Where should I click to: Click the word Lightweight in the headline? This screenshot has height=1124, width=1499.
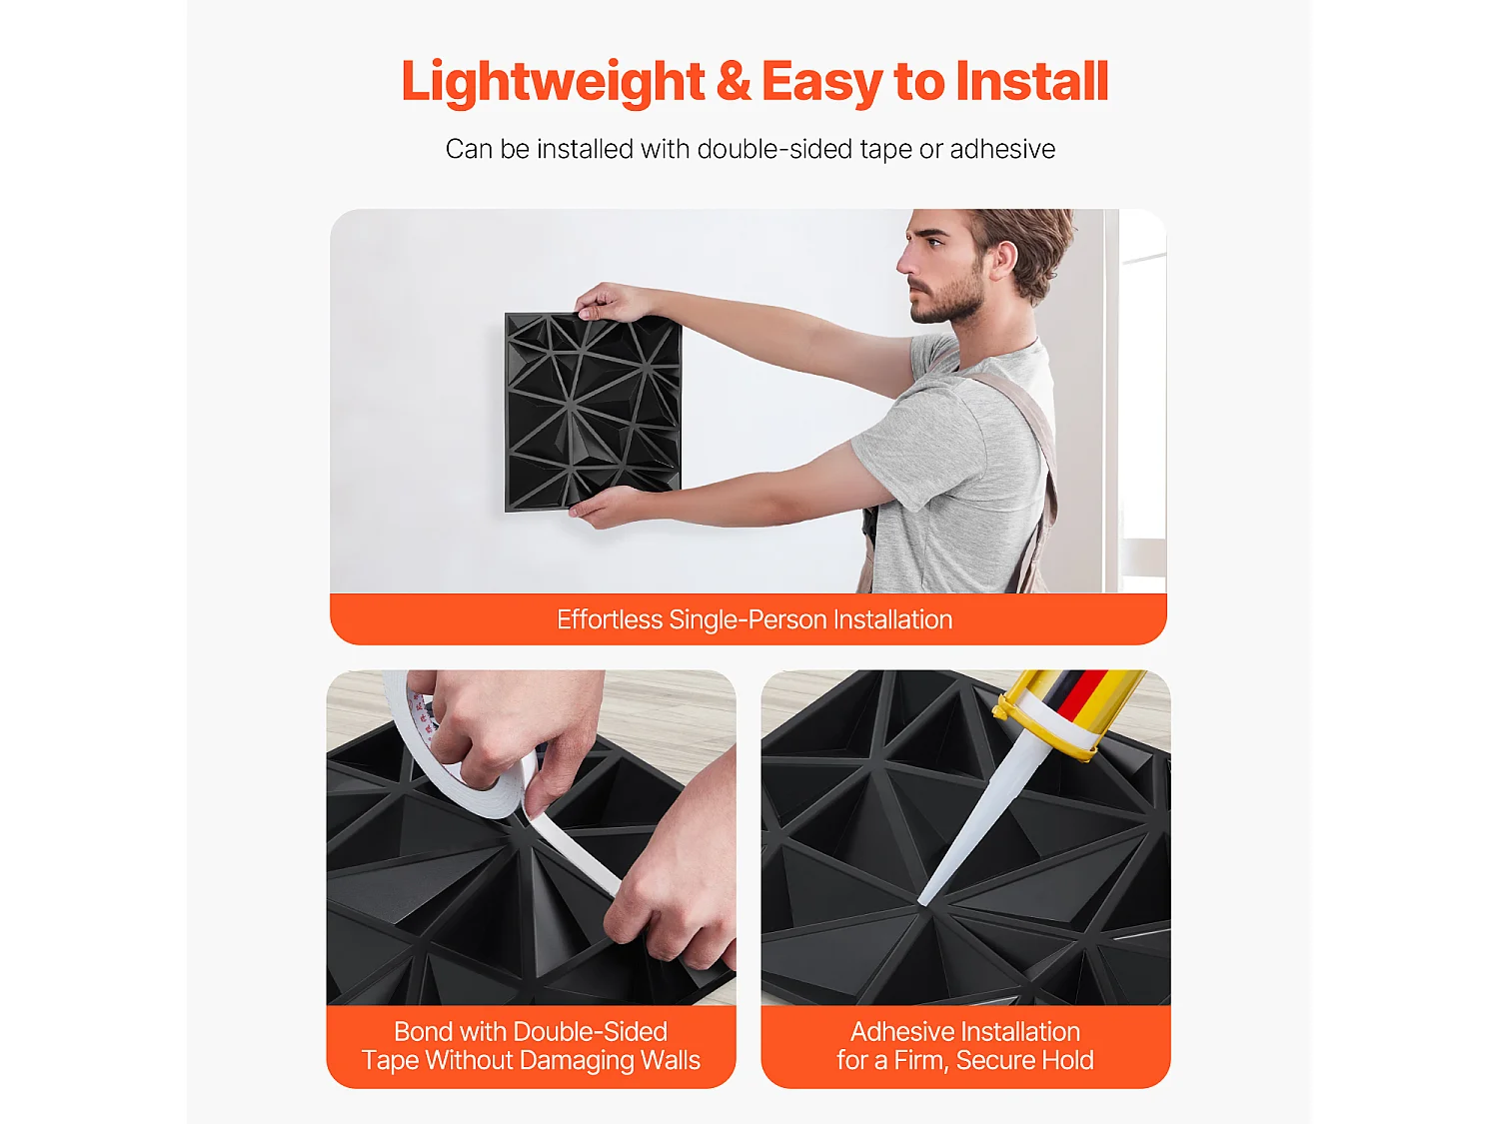[553, 83]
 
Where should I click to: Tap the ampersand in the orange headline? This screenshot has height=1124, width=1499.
[733, 81]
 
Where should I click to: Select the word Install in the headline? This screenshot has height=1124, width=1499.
[1032, 81]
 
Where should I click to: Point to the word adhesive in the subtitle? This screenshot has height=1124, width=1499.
[1002, 149]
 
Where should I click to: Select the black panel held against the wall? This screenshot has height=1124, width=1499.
[593, 413]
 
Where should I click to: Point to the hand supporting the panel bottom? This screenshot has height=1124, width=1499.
[605, 506]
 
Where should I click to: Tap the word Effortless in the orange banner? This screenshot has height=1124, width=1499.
[610, 619]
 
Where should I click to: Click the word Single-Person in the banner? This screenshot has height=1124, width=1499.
[748, 620]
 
